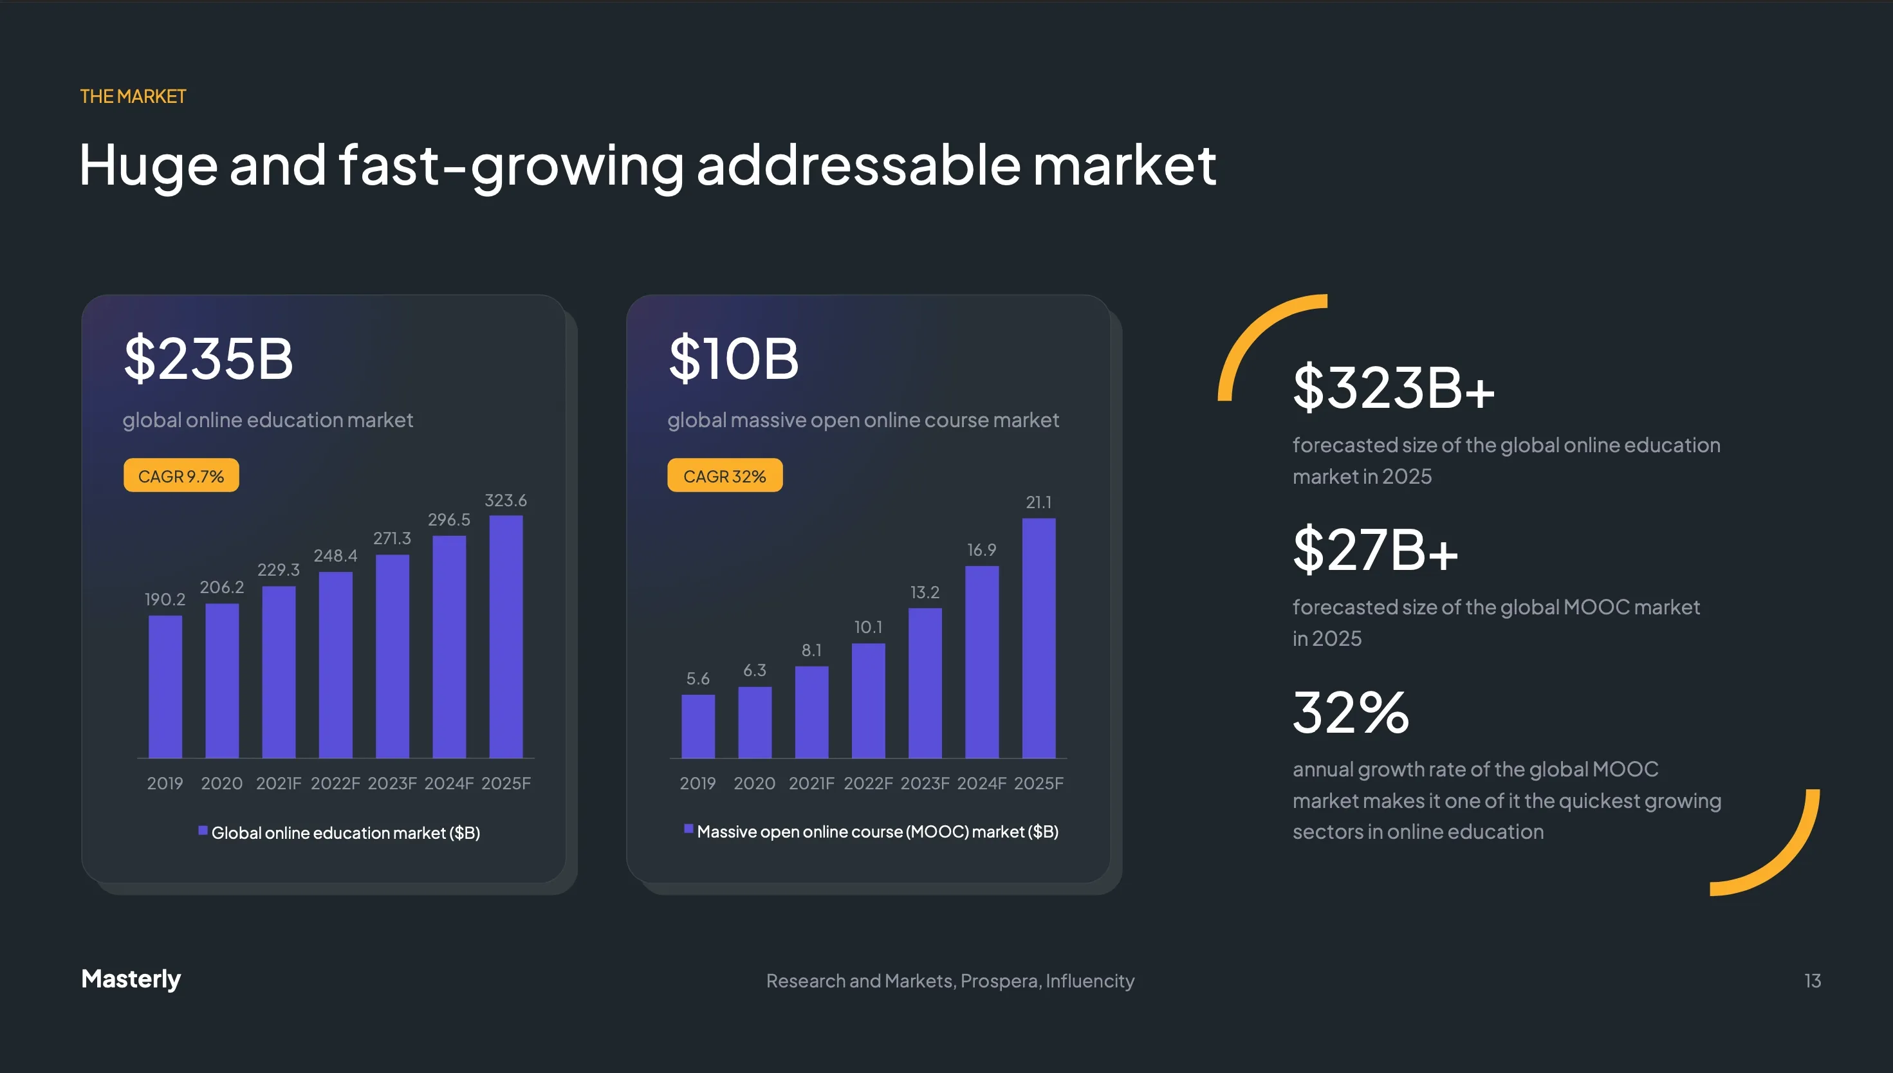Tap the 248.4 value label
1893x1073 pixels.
click(335, 556)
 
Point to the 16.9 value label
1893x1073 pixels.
click(981, 550)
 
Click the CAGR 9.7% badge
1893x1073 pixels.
click(181, 475)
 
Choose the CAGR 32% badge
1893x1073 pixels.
click(725, 475)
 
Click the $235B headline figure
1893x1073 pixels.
click(208, 359)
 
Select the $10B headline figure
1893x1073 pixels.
click(733, 359)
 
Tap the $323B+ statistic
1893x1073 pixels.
click(1393, 388)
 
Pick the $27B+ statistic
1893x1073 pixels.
click(1376, 550)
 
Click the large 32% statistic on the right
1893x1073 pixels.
click(1351, 713)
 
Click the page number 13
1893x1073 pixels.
click(1812, 981)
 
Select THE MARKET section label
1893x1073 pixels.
click(133, 96)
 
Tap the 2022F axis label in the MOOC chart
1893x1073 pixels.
click(867, 784)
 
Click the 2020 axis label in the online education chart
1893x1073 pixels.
click(221, 784)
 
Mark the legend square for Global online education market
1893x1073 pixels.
click(203, 830)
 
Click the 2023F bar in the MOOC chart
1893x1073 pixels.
click(925, 683)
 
